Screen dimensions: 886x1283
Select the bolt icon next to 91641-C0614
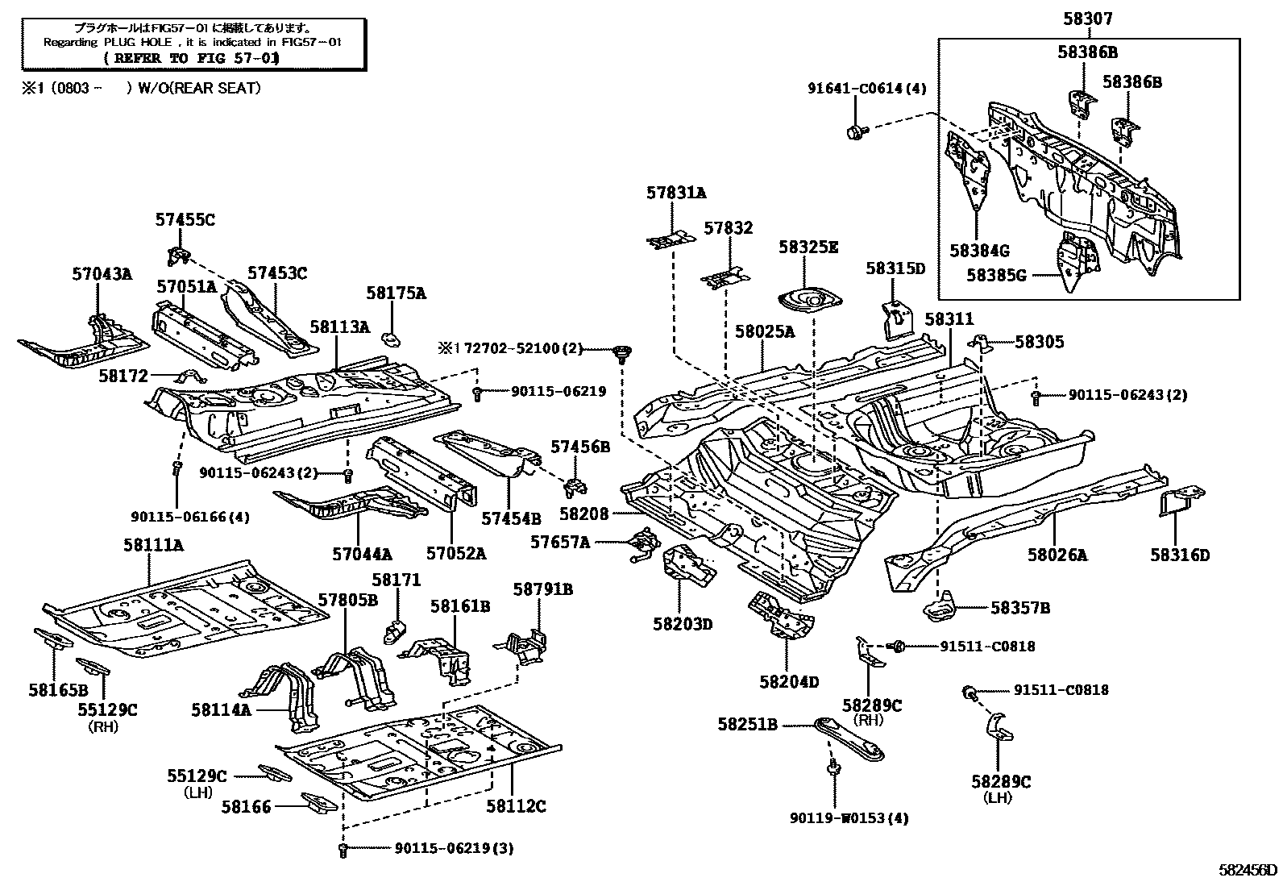pos(856,131)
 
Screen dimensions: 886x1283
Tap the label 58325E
pos(808,247)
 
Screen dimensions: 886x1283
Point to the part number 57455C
pos(185,219)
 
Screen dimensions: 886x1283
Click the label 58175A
pos(396,293)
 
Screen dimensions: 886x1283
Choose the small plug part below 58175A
pos(391,337)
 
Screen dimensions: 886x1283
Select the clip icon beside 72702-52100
pos(621,351)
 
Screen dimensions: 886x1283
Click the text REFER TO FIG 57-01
pos(192,58)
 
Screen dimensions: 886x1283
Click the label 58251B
pos(748,725)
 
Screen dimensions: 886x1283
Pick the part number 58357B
pos(1019,608)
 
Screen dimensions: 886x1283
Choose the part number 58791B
pos(542,589)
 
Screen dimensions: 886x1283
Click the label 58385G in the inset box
pos(996,276)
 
